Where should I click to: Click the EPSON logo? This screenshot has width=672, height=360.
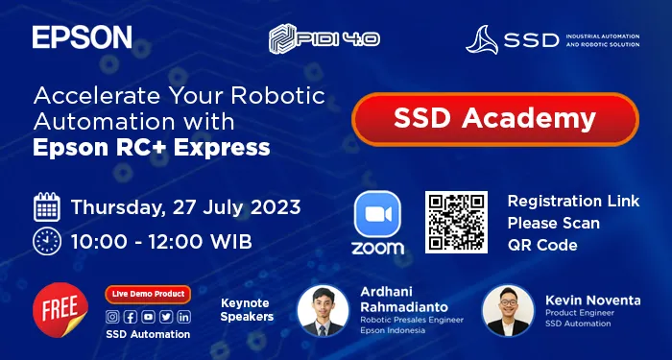[x=82, y=37]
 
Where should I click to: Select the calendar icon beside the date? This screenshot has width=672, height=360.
[x=47, y=206]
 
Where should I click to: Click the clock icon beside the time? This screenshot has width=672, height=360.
[x=47, y=240]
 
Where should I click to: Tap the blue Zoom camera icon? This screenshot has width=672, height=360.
[x=377, y=214]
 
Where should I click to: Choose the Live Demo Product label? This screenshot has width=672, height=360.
[x=148, y=295]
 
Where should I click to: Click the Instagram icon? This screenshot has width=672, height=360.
[x=113, y=317]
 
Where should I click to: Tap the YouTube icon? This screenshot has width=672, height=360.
[x=148, y=317]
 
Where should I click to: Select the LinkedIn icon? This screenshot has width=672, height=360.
[x=182, y=317]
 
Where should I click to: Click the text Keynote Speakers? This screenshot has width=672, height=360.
[x=247, y=308]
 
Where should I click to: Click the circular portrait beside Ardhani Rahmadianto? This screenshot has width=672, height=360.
[x=323, y=309]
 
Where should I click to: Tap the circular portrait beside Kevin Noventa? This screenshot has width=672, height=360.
[x=507, y=310]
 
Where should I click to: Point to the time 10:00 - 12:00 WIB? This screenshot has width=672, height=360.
[x=161, y=240]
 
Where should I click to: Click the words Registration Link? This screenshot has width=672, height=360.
[x=573, y=201]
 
